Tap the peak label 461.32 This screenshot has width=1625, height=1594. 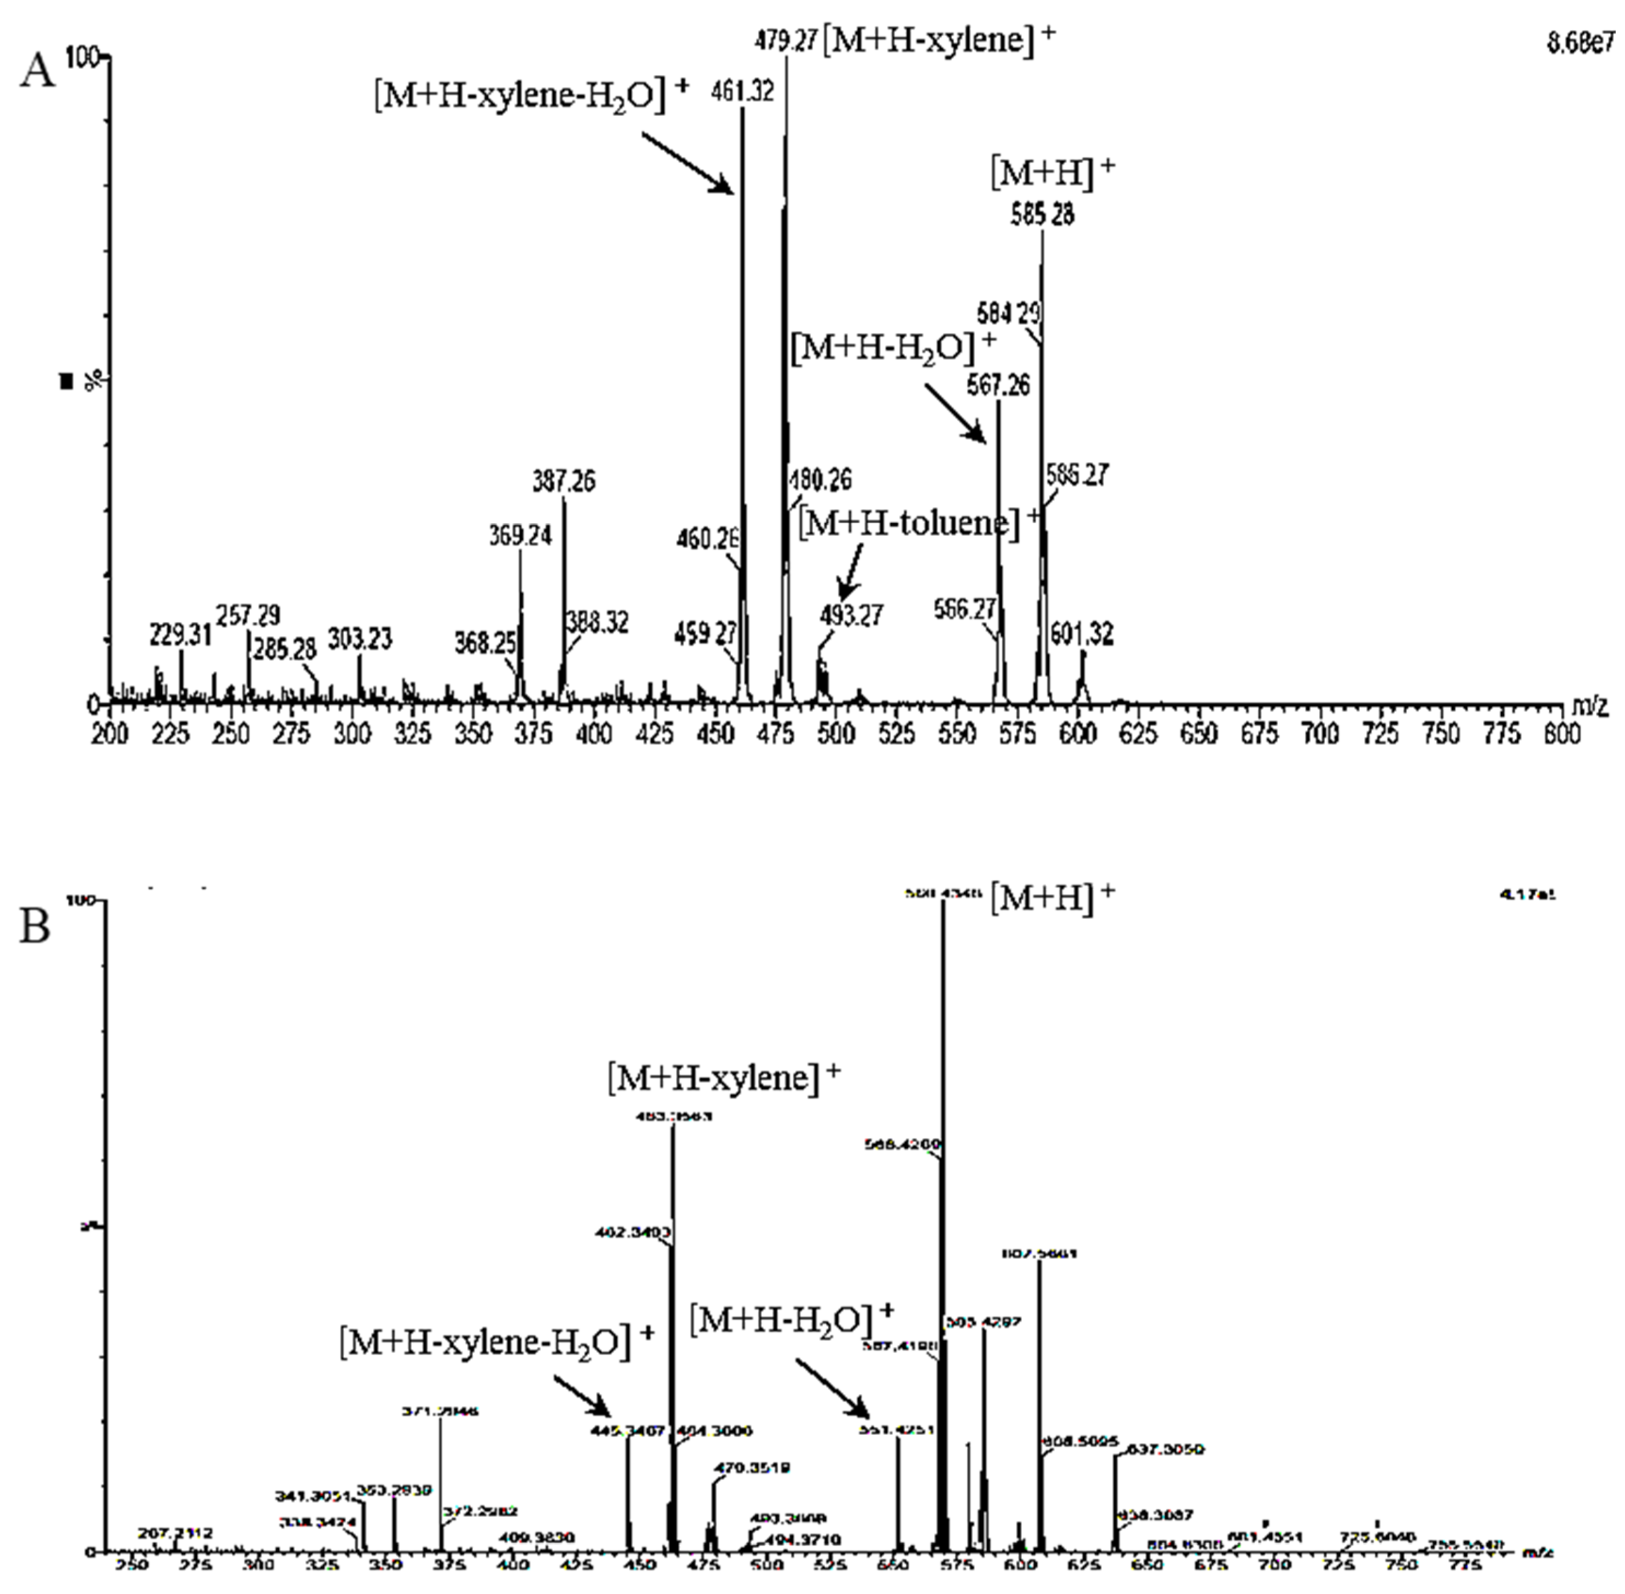[743, 90]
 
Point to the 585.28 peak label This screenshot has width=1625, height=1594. [1042, 215]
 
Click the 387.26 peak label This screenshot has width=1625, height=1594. [563, 481]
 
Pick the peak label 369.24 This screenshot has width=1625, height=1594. [521, 535]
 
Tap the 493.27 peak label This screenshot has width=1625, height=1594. [851, 615]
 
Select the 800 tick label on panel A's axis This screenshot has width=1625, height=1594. [1560, 734]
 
